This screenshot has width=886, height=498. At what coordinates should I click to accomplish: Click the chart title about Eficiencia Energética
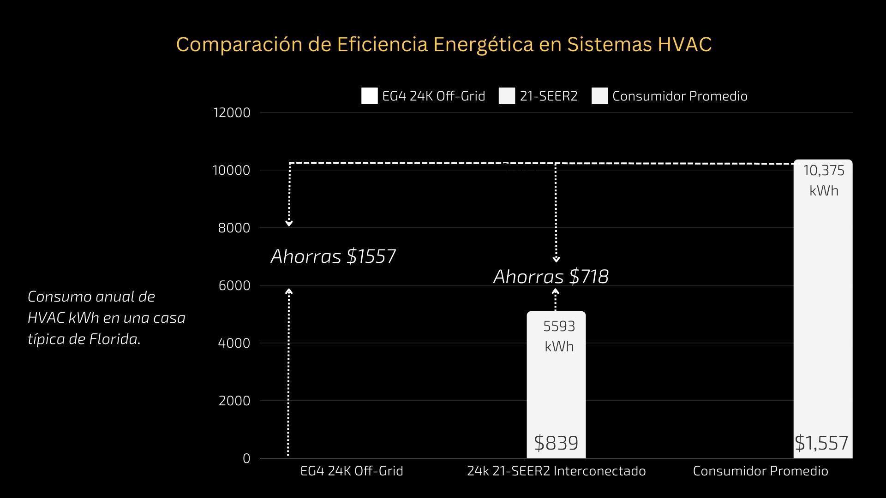[443, 45]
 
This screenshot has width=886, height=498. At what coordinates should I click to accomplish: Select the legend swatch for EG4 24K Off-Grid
[369, 96]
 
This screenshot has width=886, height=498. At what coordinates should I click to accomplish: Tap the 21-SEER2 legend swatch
[507, 96]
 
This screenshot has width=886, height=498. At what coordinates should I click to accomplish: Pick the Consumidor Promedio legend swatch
[599, 96]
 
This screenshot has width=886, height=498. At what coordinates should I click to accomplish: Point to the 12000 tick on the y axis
[232, 113]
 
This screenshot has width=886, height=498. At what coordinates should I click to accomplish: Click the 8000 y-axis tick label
[234, 228]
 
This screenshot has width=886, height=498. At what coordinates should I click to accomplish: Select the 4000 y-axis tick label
[234, 343]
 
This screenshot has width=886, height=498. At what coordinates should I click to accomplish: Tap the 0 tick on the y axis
[246, 458]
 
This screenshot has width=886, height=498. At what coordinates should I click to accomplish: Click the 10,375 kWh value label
[824, 180]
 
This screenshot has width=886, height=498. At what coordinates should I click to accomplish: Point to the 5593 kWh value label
[559, 336]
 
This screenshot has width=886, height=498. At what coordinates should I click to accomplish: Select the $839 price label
[556, 443]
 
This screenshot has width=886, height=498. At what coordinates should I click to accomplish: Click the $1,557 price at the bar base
[821, 443]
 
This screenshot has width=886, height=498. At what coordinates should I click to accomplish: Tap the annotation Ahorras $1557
[333, 256]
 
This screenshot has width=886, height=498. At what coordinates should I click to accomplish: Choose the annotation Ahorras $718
[551, 277]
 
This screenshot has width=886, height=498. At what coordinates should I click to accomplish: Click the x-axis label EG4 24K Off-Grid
[352, 471]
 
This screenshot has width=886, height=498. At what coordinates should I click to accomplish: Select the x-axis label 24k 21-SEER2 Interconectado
[556, 471]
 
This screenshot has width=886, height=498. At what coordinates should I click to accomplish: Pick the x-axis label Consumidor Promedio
[760, 471]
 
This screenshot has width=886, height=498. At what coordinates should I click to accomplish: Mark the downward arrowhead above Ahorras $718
[556, 260]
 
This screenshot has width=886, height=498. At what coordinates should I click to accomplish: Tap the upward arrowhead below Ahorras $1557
[289, 291]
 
